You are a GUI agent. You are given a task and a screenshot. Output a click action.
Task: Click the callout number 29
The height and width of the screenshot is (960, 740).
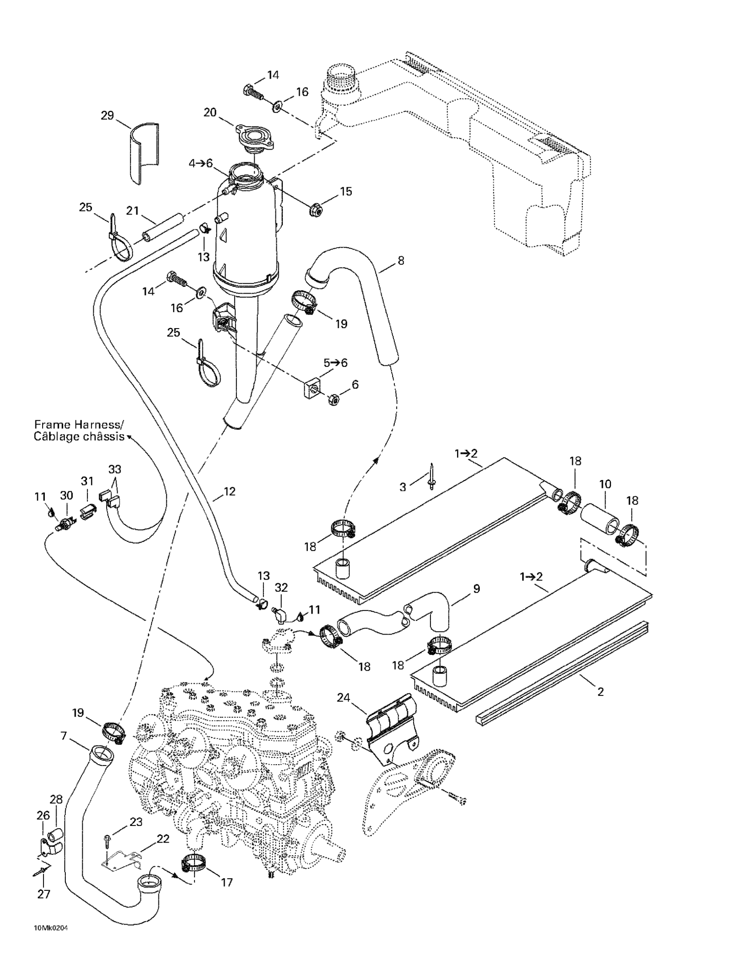click(107, 116)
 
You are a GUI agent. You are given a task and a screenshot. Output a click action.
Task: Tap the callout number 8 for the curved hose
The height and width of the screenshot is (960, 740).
click(400, 261)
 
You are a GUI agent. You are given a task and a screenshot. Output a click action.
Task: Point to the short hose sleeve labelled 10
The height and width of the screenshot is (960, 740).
click(600, 519)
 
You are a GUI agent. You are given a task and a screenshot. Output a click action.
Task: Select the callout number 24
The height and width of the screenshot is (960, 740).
click(343, 698)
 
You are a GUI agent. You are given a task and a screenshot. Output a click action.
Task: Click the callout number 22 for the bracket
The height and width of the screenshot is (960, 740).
click(163, 839)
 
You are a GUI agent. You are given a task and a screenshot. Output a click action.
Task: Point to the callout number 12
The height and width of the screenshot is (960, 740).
click(229, 491)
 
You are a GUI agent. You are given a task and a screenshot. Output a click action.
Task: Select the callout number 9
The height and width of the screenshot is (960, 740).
click(477, 588)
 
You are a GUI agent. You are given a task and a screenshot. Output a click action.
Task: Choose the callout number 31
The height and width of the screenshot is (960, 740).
click(87, 481)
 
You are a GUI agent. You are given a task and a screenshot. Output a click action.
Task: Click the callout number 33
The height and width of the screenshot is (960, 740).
click(115, 470)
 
